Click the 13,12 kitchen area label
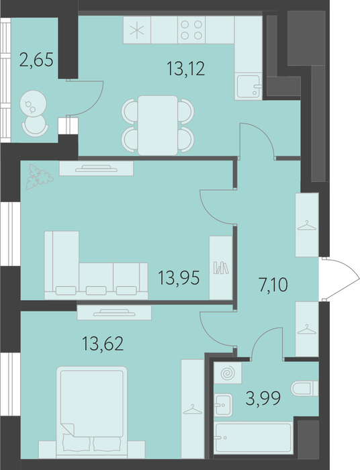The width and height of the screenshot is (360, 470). (x=186, y=68)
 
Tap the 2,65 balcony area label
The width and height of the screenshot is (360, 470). (x=36, y=59)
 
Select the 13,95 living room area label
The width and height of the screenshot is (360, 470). (x=179, y=277)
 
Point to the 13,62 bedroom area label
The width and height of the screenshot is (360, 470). (x=103, y=344)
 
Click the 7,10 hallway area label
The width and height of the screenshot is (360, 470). (x=273, y=285)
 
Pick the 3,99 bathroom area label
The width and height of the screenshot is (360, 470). (x=263, y=398)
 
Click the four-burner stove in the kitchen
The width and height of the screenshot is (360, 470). (x=191, y=30)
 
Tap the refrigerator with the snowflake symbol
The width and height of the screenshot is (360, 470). (x=137, y=30)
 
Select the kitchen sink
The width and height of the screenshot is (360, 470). (x=249, y=87)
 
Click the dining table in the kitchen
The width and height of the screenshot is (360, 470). (x=158, y=126)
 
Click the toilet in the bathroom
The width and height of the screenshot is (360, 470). (x=304, y=389)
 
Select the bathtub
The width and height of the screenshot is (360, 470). (x=254, y=438)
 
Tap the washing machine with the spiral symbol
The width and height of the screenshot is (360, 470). (x=228, y=373)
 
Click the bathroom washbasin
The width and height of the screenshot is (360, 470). (x=223, y=405)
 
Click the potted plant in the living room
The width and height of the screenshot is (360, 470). (x=39, y=177)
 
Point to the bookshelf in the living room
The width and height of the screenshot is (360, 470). (x=221, y=267)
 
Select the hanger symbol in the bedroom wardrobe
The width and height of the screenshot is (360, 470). (x=193, y=409)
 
